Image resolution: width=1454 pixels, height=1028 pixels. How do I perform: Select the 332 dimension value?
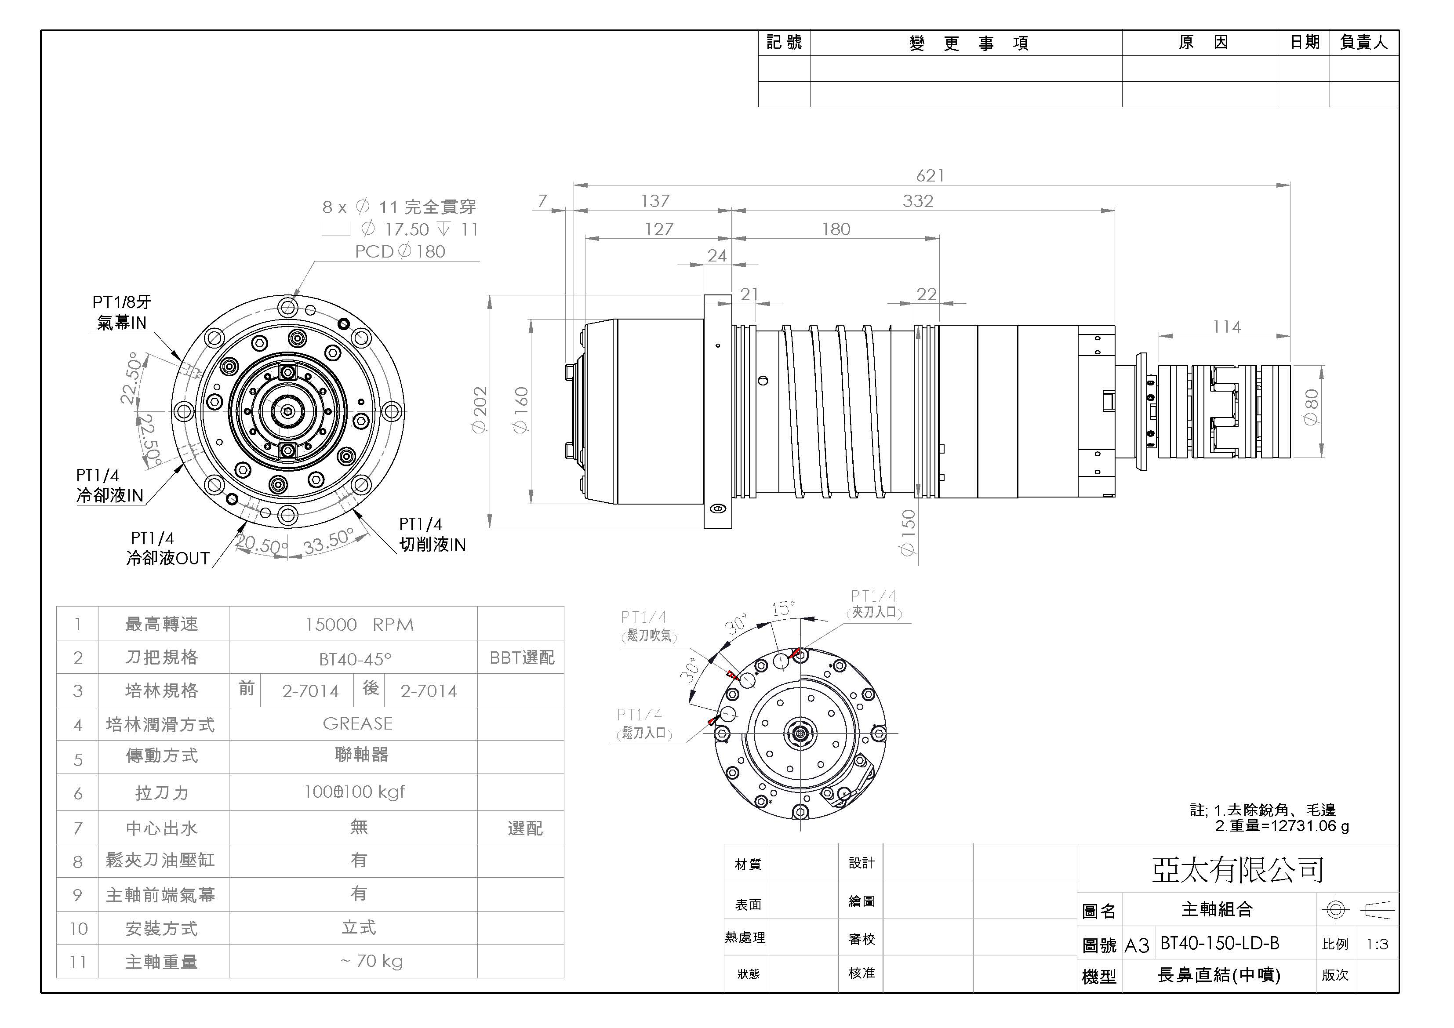[918, 201]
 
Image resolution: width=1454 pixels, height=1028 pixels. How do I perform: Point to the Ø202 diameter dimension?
[480, 410]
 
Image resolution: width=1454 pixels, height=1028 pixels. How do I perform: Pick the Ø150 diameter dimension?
[908, 533]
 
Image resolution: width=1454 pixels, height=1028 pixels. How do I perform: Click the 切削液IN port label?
[432, 545]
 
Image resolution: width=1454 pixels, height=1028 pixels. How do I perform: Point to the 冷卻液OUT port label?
[168, 558]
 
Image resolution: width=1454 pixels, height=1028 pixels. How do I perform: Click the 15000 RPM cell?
[359, 625]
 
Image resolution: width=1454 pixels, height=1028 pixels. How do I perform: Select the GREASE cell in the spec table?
[358, 723]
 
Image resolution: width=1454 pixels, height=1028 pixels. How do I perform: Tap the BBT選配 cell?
[522, 657]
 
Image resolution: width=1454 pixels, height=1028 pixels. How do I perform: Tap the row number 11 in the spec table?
[78, 962]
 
